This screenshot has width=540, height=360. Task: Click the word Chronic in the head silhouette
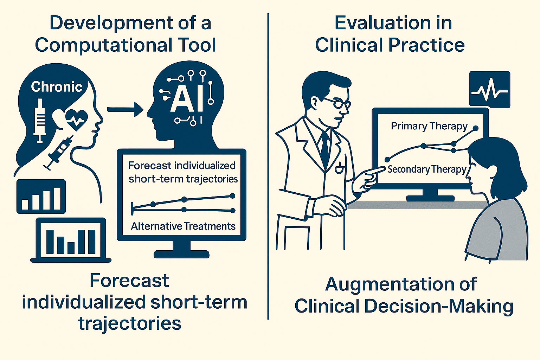(57, 87)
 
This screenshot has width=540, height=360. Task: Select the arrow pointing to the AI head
(125, 110)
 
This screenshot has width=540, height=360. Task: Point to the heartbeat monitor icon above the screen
(490, 90)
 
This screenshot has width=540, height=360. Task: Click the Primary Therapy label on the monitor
(429, 126)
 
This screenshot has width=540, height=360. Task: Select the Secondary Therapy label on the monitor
(427, 169)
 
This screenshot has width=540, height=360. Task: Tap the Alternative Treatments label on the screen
(183, 226)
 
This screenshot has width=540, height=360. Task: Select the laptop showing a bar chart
(71, 240)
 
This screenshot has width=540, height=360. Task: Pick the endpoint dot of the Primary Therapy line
(476, 128)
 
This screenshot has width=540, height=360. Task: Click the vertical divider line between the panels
(268, 166)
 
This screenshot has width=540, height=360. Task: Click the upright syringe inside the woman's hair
(40, 121)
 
